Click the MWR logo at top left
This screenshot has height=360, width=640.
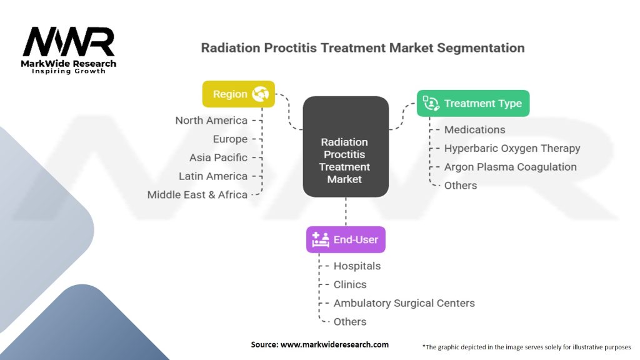pyautogui.click(x=69, y=42)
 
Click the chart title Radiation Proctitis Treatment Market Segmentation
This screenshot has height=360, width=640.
pyautogui.click(x=362, y=47)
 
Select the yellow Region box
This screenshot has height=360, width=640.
pyautogui.click(x=238, y=94)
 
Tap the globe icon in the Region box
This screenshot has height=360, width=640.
pyautogui.click(x=259, y=94)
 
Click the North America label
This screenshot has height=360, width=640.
pyautogui.click(x=211, y=121)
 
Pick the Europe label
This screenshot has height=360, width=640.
pyautogui.click(x=229, y=139)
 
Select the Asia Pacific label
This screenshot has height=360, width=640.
pyautogui.click(x=218, y=157)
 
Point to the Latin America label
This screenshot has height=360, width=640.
pyautogui.click(x=212, y=176)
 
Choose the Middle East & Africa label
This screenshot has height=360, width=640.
pyautogui.click(x=197, y=194)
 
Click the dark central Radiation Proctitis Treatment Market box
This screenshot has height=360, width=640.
pyautogui.click(x=345, y=147)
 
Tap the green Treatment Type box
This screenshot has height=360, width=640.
pyautogui.click(x=473, y=103)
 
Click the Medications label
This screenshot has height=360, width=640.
pyautogui.click(x=474, y=129)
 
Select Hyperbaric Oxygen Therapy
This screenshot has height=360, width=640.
pyautogui.click(x=512, y=148)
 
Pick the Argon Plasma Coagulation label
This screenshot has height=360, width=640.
pyautogui.click(x=510, y=167)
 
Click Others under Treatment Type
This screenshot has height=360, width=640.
pyautogui.click(x=460, y=185)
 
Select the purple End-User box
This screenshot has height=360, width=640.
pyautogui.click(x=346, y=239)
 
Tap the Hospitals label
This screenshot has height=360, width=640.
pyautogui.click(x=357, y=266)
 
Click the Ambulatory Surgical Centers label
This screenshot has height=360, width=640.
pyautogui.click(x=404, y=303)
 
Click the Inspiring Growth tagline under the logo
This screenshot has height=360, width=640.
pyautogui.click(x=69, y=71)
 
